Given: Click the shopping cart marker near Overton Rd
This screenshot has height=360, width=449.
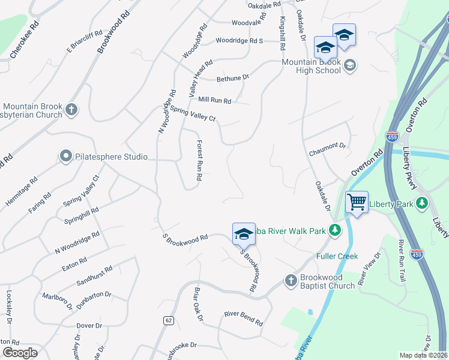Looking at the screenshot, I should click(357, 202).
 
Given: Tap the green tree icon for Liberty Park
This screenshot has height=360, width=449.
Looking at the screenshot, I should click(423, 204).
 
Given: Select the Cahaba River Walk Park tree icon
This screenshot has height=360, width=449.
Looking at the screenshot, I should click(334, 230).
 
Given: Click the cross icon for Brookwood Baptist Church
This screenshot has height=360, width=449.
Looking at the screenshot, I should click(291, 280).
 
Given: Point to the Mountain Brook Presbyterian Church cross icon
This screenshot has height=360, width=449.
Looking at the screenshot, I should click(71, 109).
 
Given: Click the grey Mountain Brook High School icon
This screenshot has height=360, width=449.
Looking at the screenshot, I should click(351, 65).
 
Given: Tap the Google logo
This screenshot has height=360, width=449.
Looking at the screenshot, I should click(20, 353).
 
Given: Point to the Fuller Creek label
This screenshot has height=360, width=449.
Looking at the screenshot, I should click(337, 256).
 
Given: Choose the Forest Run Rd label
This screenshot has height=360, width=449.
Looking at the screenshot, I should click(199, 161).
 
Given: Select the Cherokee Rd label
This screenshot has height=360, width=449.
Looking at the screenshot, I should click(25, 40).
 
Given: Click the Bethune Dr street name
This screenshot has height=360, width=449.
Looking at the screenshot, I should click(232, 78).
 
